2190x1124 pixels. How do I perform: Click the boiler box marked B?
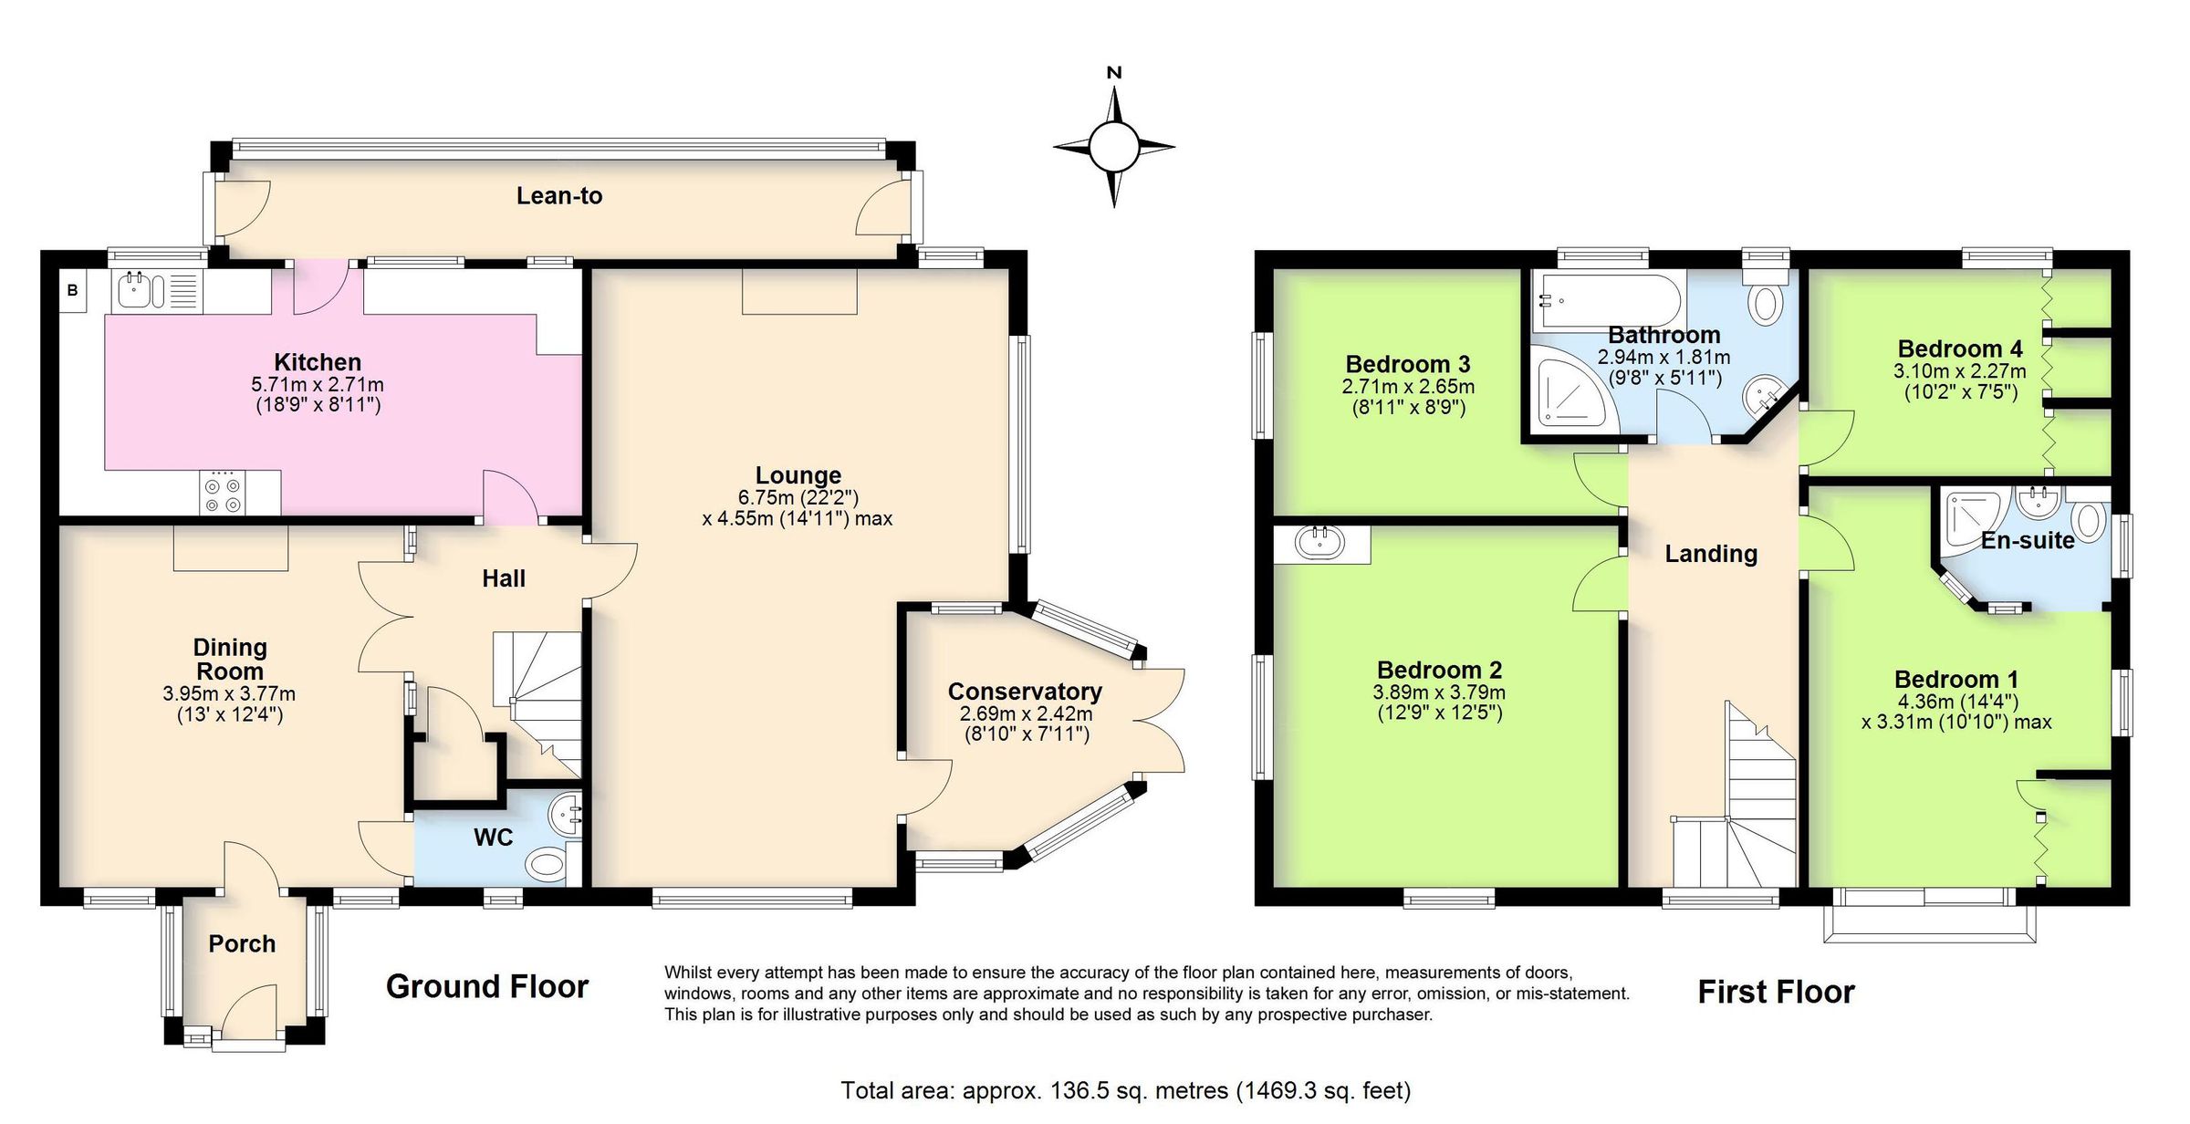click(x=72, y=291)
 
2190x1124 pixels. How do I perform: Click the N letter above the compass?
click(x=1113, y=73)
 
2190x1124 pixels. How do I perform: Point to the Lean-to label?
click(x=559, y=196)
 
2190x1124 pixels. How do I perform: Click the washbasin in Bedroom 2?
click(x=1320, y=545)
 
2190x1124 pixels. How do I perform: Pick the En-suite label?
click(x=2028, y=541)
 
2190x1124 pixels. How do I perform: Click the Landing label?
click(x=1711, y=554)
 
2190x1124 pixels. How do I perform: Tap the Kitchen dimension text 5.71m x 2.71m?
click(x=318, y=385)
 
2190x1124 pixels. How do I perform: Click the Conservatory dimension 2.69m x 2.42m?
click(x=1026, y=714)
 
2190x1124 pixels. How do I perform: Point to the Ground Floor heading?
click(x=487, y=987)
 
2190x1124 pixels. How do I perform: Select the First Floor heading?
click(x=1776, y=993)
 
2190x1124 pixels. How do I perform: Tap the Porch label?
click(x=242, y=944)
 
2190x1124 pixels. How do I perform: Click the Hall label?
click(x=504, y=578)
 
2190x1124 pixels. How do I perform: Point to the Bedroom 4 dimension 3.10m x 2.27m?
click(x=1960, y=372)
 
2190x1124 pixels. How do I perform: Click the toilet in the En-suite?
click(x=2088, y=522)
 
